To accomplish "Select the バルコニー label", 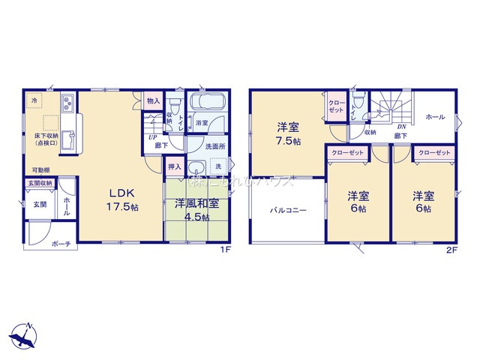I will click(x=289, y=211).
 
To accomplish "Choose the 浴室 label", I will click(x=202, y=121).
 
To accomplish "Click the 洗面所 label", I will click(x=217, y=146).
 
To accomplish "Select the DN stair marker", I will click(x=401, y=127).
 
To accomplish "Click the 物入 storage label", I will click(x=152, y=100).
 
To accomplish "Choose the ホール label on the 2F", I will click(x=435, y=117).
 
